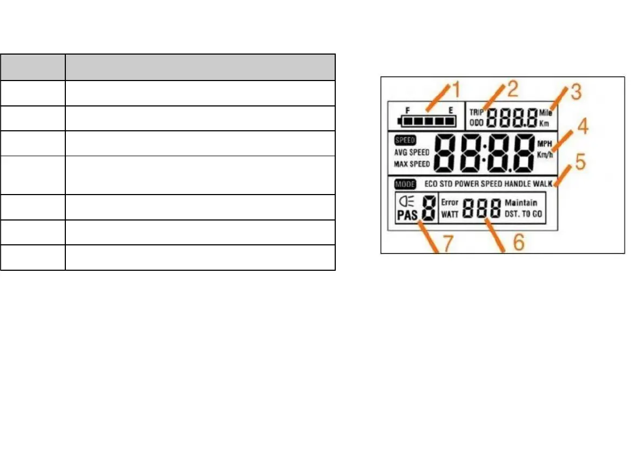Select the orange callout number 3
pyautogui.click(x=576, y=92)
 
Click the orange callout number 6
pyautogui.click(x=518, y=243)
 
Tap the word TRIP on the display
pyautogui.click(x=477, y=113)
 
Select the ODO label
pyautogui.click(x=477, y=123)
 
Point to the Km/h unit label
pyautogui.click(x=545, y=154)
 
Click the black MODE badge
pyautogui.click(x=405, y=184)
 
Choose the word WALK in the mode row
pyautogui.click(x=543, y=184)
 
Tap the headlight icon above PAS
pyautogui.click(x=405, y=202)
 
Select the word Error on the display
pyautogui.click(x=450, y=203)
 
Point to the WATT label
pyautogui.click(x=450, y=214)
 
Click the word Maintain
pyautogui.click(x=521, y=203)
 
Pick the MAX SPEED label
pyautogui.click(x=412, y=164)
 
